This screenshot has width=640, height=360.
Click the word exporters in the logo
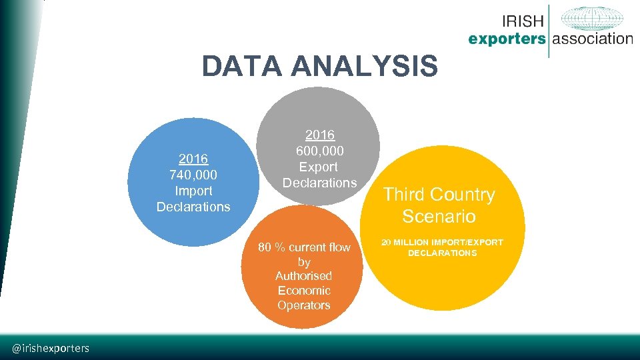pyautogui.click(x=507, y=39)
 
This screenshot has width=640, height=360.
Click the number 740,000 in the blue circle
pyautogui.click(x=193, y=175)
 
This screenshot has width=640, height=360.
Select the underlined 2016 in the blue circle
pyautogui.click(x=193, y=159)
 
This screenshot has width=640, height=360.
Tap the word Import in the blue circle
pyautogui.click(x=193, y=191)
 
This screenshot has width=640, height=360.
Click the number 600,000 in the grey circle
pyautogui.click(x=319, y=151)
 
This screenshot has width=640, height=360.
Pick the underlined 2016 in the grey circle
pyautogui.click(x=319, y=135)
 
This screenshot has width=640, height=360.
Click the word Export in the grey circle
pyautogui.click(x=319, y=167)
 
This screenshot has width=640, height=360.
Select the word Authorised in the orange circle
pyautogui.click(x=303, y=276)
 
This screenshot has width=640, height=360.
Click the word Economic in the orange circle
pyautogui.click(x=304, y=291)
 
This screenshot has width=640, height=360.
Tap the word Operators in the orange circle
pyautogui.click(x=304, y=305)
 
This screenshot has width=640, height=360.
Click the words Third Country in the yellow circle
pyautogui.click(x=439, y=195)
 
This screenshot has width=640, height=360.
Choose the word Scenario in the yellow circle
pyautogui.click(x=439, y=217)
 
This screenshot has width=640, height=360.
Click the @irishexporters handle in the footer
pyautogui.click(x=51, y=348)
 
